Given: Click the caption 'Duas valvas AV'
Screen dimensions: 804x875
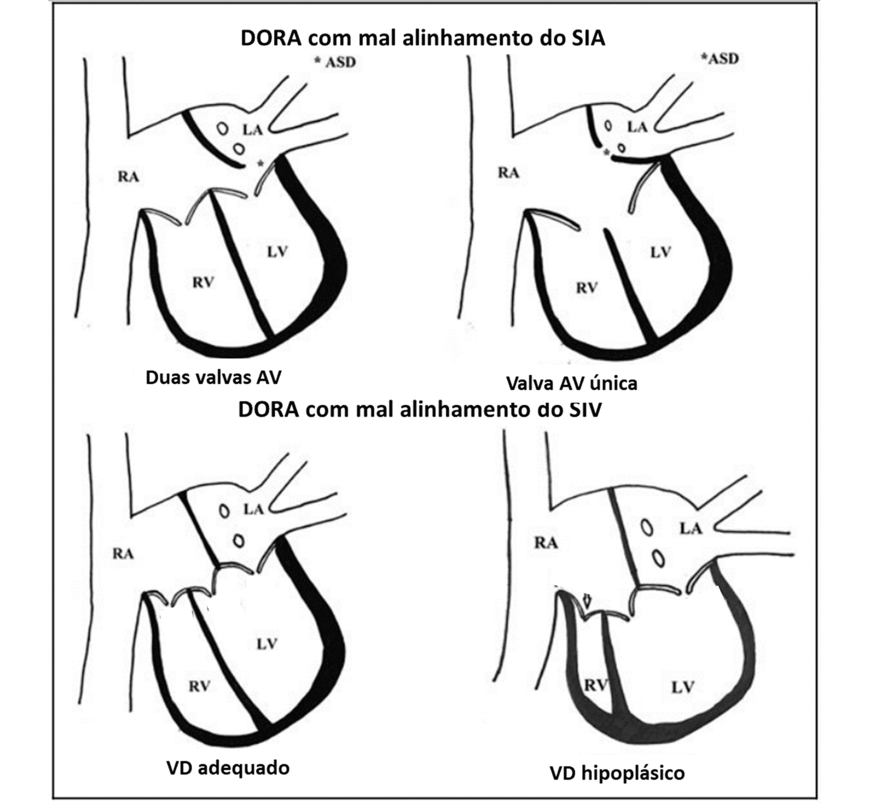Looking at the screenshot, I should [x=213, y=377].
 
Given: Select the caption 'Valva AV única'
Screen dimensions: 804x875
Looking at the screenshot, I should [x=571, y=383].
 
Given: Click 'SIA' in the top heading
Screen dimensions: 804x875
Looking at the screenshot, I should [x=587, y=38].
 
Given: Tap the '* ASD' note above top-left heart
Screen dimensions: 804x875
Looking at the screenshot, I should [x=335, y=62].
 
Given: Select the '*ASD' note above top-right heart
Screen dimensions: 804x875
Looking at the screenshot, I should [x=719, y=58].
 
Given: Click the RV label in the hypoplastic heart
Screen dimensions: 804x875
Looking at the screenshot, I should [x=596, y=685].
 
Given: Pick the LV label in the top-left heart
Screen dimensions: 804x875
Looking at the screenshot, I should [x=277, y=251].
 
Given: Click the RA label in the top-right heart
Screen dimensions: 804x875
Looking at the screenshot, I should [x=508, y=173].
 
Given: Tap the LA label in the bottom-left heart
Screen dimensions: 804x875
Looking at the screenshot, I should [x=253, y=509].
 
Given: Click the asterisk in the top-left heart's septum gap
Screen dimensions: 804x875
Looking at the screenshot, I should [x=260, y=164].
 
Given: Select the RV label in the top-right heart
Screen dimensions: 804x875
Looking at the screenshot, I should [x=587, y=288].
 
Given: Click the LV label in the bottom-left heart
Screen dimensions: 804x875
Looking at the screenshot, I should [x=267, y=644].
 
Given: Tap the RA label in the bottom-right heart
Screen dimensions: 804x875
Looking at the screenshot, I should [x=546, y=543].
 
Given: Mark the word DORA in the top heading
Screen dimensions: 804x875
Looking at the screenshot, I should [x=271, y=38].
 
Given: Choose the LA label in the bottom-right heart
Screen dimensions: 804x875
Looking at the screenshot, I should [x=691, y=529].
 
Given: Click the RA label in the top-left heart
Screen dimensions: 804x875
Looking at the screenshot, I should [x=129, y=177].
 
